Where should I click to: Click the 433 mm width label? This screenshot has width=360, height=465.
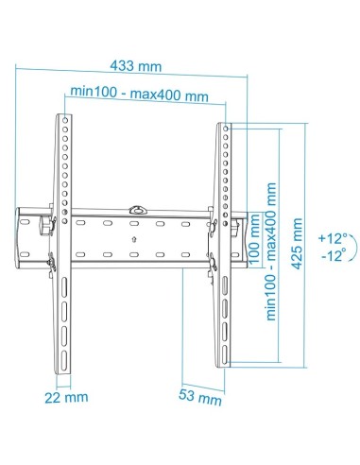[x=135, y=67]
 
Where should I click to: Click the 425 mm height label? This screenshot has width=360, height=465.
[x=300, y=241]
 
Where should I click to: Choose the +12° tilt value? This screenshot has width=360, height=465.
[x=332, y=237]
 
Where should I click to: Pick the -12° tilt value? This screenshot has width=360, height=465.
[x=332, y=255]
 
